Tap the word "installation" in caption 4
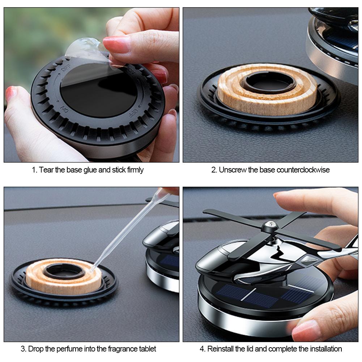point(326,349)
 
